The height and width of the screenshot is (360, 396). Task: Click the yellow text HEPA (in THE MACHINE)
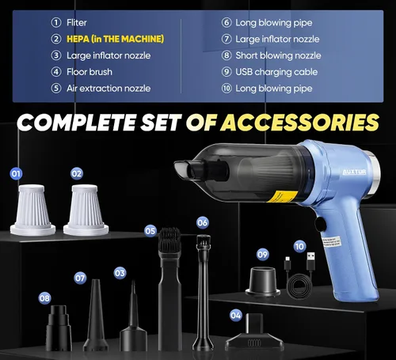point(115,39)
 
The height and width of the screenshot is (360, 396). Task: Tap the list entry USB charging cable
point(276,72)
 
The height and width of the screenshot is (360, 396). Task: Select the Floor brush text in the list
point(89,72)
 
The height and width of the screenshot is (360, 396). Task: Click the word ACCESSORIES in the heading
point(300,123)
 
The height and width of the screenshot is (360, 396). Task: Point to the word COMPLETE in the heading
point(77,123)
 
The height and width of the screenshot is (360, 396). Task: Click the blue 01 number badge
point(16,174)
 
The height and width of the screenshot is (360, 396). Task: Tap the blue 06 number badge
point(203,223)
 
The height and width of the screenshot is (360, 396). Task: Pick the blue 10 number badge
point(299,247)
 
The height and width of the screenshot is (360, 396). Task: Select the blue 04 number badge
point(236,316)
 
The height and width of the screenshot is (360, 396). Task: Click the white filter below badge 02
point(86,210)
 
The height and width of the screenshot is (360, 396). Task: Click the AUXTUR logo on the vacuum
point(354,172)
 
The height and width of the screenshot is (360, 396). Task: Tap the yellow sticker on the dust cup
point(282,197)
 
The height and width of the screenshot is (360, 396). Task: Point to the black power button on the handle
point(321,225)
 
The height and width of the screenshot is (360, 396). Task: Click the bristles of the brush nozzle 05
point(169,239)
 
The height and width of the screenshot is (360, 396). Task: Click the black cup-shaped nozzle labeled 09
point(263,282)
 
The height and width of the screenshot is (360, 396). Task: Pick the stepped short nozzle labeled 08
point(59,328)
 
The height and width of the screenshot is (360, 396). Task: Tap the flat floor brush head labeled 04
point(254,333)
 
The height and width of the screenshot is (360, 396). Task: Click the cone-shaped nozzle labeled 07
point(96,315)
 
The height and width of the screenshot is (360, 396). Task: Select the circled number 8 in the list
point(227,55)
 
